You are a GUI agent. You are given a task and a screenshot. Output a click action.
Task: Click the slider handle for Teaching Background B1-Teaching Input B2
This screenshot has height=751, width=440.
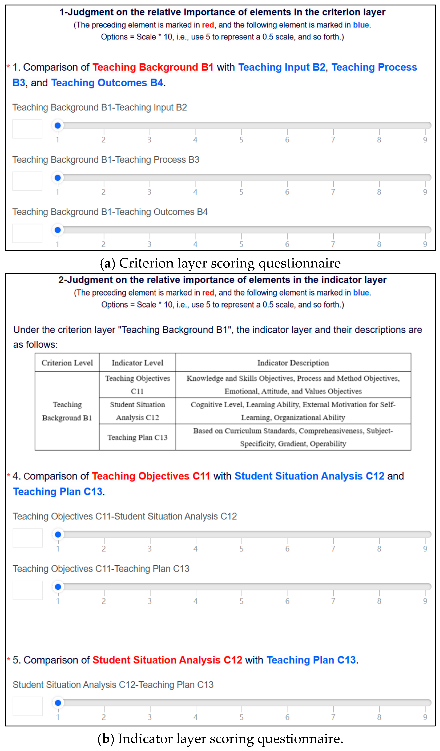point(58,125)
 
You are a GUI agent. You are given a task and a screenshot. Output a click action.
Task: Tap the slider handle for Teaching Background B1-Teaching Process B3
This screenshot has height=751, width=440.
point(58,178)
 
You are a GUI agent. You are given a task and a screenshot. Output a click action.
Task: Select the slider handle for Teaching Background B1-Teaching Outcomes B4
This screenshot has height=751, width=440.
point(58,230)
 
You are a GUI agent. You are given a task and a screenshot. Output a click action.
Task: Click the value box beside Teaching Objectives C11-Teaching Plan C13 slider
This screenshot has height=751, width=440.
point(28,590)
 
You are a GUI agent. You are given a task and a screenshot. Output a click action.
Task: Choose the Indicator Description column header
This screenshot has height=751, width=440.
point(293,363)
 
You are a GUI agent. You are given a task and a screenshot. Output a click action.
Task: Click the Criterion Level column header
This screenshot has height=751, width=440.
point(67,363)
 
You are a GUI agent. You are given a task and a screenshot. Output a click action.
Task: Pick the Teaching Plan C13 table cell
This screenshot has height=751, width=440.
point(137,437)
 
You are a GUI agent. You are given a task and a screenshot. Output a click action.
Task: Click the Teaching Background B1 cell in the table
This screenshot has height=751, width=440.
point(67,411)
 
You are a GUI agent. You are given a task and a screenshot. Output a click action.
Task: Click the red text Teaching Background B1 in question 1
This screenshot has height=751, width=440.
point(153,67)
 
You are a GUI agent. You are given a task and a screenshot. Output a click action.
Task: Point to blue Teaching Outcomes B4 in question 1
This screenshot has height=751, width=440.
point(107,83)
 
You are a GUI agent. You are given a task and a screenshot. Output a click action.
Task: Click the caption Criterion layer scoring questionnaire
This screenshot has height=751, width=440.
point(220,263)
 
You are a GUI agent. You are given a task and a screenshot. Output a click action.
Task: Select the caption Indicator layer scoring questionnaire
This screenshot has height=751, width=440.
point(220,738)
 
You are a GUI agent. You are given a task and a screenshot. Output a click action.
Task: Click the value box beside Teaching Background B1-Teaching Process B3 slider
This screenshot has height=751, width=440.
point(27,181)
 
